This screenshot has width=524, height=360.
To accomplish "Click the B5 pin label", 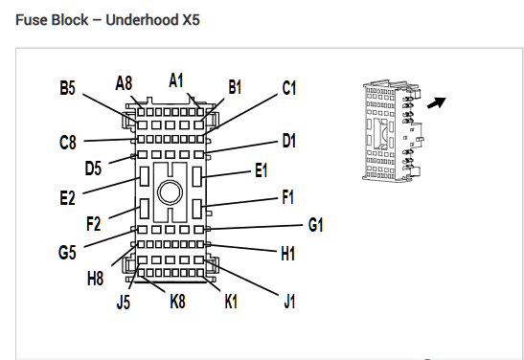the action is point(67,88).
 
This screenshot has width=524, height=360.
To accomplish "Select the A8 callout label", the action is point(124,83).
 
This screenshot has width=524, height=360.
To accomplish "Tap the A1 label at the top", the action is point(176,80).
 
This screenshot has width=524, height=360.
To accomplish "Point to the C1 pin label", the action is point(289,88).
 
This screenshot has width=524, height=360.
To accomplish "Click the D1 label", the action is point(289,141).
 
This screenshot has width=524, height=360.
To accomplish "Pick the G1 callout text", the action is point(315,225).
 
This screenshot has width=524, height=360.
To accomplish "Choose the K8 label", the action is point(178,302).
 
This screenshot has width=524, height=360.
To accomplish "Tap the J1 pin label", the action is point(289,302).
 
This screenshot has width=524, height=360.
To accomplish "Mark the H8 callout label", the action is point(95,279).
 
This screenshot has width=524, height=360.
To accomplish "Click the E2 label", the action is point(67,198).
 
